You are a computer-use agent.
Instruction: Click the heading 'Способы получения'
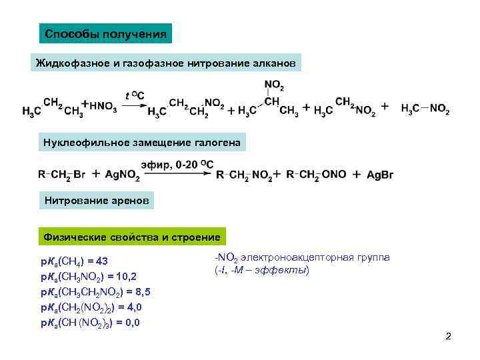tap(105, 33)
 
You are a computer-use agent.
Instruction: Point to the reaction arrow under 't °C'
tap(135, 105)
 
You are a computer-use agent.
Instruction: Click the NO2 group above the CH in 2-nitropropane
tap(273, 85)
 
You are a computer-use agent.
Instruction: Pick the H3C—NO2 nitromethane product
tap(425, 108)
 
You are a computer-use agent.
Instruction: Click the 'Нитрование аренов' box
tap(98, 199)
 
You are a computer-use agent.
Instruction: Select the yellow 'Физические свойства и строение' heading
tap(131, 237)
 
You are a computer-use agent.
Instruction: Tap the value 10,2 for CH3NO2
tap(125, 276)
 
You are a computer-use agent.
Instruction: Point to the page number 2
tap(449, 337)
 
